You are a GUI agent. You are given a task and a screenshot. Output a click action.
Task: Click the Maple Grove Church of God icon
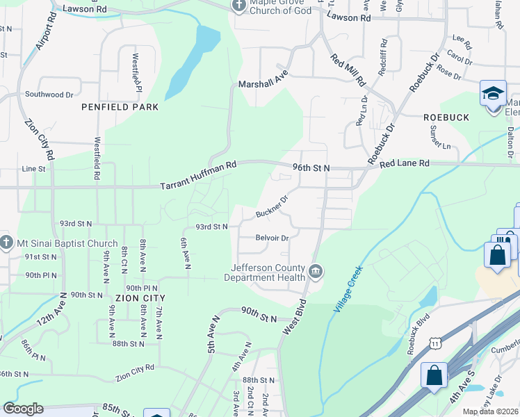[x=239, y=6]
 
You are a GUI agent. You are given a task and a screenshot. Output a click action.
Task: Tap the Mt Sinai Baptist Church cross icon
[x=7, y=243]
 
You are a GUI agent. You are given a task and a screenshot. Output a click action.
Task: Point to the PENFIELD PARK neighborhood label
[x=120, y=107]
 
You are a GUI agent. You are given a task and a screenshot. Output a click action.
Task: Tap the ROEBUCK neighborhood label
[x=446, y=118]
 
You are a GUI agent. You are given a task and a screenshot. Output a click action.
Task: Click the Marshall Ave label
[x=263, y=82]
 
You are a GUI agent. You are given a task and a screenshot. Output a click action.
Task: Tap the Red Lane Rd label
[x=405, y=163]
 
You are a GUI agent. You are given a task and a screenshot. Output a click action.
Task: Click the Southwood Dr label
[x=49, y=94]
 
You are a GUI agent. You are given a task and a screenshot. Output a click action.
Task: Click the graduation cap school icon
[x=493, y=93]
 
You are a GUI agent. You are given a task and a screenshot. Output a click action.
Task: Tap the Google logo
[x=23, y=409]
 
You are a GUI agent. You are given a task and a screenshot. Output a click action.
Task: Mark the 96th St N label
[x=311, y=168]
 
